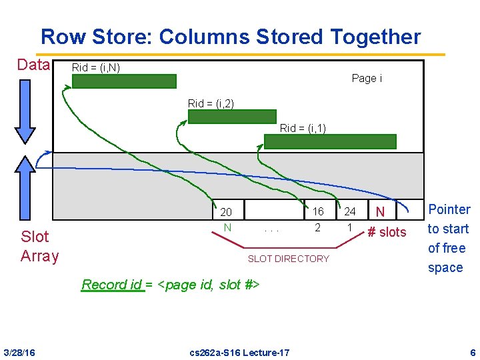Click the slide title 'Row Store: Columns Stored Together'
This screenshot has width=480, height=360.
pyautogui.click(x=230, y=37)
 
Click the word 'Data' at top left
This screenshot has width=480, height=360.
pyautogui.click(x=33, y=65)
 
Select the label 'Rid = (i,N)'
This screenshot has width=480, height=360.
pyautogui.click(x=96, y=67)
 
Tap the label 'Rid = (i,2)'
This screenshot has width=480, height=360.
pyautogui.click(x=211, y=103)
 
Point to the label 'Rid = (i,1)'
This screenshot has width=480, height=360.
pyautogui.click(x=303, y=128)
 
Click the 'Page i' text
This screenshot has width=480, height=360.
pyautogui.click(x=367, y=79)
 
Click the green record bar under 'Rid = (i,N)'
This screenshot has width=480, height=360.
pyautogui.click(x=124, y=81)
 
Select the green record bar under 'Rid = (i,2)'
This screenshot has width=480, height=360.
pyautogui.click(x=232, y=117)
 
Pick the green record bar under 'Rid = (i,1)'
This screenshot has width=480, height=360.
pyautogui.click(x=330, y=141)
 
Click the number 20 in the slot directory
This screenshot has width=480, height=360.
pyautogui.click(x=226, y=212)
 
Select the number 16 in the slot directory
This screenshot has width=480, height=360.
pyautogui.click(x=318, y=211)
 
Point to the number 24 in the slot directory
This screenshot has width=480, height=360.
pyautogui.click(x=350, y=211)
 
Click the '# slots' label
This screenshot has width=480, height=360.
pyautogui.click(x=387, y=232)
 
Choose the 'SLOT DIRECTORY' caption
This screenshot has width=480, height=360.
pyautogui.click(x=288, y=259)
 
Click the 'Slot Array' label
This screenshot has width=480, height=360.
pyautogui.click(x=39, y=246)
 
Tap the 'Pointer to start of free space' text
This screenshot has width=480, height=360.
pyautogui.click(x=448, y=238)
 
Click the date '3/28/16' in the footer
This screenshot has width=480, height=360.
pyautogui.click(x=19, y=352)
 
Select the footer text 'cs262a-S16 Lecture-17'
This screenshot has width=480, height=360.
pyautogui.click(x=240, y=352)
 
